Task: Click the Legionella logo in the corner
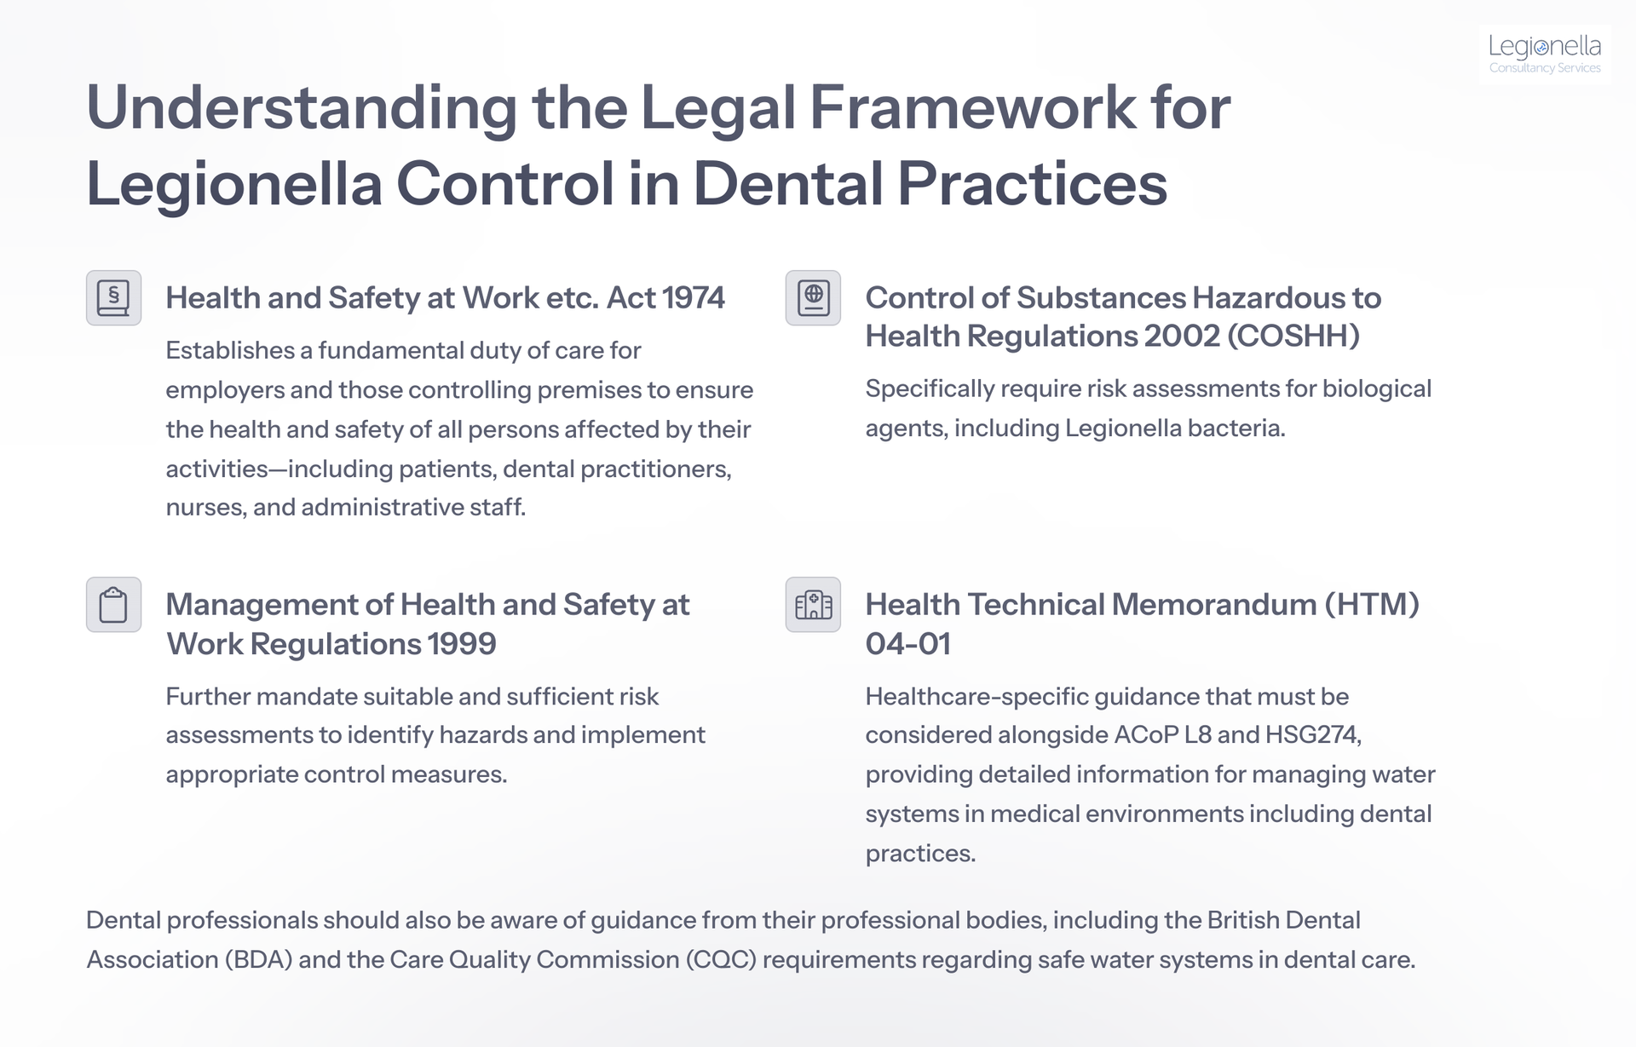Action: pos(1544,55)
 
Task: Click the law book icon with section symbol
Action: pos(113,298)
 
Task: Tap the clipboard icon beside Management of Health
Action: pos(113,605)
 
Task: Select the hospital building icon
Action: pos(813,605)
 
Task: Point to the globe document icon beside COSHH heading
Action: pos(813,298)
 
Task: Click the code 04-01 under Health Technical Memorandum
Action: pos(907,644)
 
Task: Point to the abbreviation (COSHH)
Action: pos(1293,337)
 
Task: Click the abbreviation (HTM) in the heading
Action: pos(1372,605)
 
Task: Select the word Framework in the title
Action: pos(972,108)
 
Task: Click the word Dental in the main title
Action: pos(788,184)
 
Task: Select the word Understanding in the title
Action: pos(302,108)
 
